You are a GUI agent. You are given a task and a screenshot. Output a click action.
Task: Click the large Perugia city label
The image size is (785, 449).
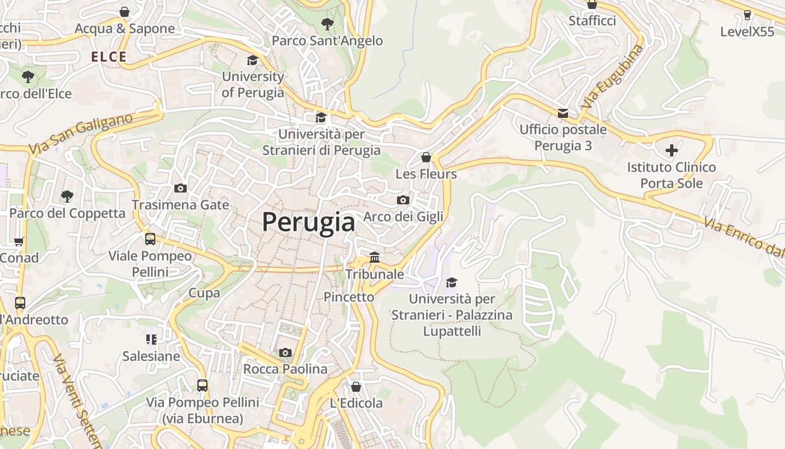point(308,222)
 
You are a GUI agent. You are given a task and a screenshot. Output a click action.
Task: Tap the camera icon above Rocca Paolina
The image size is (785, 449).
point(285,352)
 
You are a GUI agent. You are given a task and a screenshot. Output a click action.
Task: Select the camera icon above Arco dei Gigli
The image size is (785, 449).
point(403,200)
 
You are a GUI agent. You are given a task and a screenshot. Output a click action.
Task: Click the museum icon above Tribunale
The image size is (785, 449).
point(374,257)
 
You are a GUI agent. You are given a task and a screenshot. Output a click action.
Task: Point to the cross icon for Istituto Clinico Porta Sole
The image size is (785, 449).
point(671,150)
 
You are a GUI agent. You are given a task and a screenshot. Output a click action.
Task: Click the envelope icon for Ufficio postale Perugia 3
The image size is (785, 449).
point(562,113)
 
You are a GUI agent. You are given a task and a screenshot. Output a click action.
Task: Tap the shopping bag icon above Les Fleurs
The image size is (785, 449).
point(426,157)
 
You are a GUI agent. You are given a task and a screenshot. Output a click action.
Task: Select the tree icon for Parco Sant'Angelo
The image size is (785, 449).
point(327,24)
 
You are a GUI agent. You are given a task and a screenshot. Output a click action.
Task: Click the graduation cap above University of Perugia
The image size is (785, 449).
point(253,60)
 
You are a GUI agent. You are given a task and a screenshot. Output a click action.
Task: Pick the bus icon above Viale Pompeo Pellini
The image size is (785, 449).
point(150,239)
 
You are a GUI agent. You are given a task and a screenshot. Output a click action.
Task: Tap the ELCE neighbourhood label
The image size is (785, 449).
point(109,57)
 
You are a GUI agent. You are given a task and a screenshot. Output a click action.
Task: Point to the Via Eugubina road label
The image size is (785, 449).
point(612,77)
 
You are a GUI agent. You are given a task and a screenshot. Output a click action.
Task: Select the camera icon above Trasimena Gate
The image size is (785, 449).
point(180,188)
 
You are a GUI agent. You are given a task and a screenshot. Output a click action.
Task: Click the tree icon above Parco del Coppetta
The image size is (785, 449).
point(67,196)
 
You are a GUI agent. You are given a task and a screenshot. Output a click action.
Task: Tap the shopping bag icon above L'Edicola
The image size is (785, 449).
point(355,387)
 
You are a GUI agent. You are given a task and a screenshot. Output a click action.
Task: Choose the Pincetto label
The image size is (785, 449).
point(349,297)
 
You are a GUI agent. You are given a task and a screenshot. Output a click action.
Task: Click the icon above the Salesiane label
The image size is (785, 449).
point(151,339)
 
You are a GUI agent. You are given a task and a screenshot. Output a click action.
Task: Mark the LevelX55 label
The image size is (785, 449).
point(747,31)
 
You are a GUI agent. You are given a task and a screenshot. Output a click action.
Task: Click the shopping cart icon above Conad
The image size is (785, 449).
point(19,241)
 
